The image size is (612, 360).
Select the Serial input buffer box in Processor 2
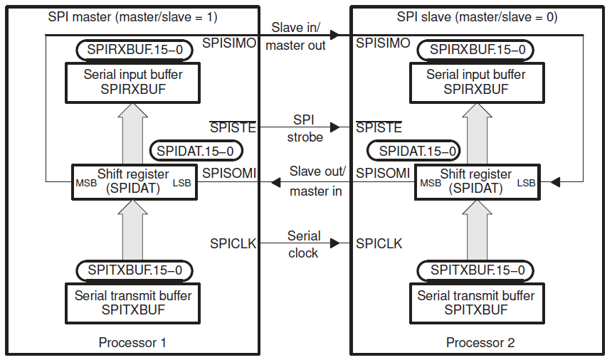(476, 82)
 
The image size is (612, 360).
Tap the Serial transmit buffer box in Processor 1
(132, 302)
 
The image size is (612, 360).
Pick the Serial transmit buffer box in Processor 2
(476, 302)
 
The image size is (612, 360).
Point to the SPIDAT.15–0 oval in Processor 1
(196, 151)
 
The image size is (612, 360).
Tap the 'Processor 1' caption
(132, 343)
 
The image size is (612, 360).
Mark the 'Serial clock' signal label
(304, 244)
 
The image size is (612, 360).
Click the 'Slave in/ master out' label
(296, 36)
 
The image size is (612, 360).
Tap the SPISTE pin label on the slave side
(379, 128)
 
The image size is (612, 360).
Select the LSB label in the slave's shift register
(526, 184)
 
